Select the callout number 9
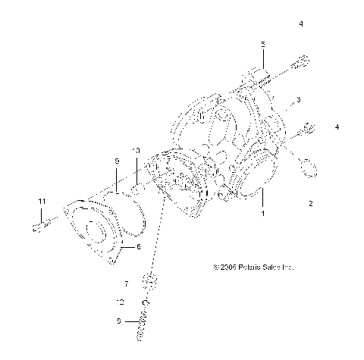(x=118, y=161)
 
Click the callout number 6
(x=138, y=246)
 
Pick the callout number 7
(x=127, y=283)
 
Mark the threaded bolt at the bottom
(x=143, y=327)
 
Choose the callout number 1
(x=264, y=214)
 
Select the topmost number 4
(x=300, y=24)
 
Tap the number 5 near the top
(x=263, y=45)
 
